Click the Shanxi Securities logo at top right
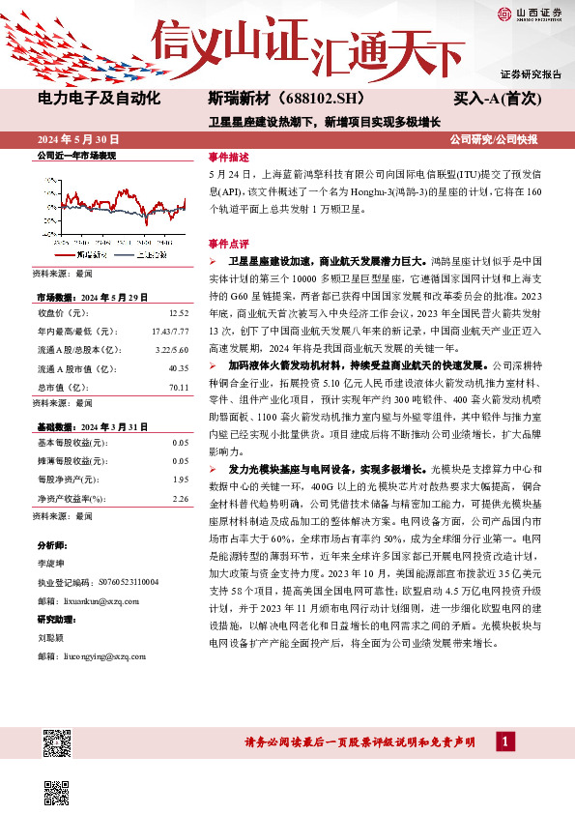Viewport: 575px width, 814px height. tap(530, 13)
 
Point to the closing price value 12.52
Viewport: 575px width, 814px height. tap(177, 313)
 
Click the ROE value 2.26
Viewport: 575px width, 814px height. tap(180, 498)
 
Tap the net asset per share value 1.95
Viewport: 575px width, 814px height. tap(180, 479)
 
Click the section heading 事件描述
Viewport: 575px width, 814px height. tap(228, 157)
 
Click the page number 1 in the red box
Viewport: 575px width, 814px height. tap(505, 741)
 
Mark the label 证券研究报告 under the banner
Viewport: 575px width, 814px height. tap(531, 74)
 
